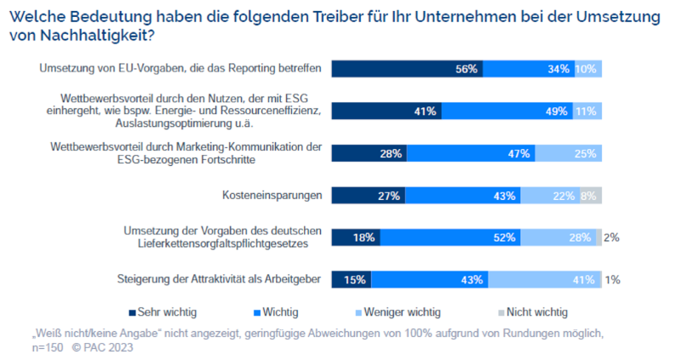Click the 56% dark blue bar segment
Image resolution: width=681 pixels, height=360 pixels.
click(408, 69)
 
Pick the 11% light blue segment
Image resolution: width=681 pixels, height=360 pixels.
click(587, 111)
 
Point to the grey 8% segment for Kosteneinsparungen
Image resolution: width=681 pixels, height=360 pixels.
click(591, 196)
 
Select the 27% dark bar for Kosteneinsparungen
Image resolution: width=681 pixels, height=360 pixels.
click(368, 196)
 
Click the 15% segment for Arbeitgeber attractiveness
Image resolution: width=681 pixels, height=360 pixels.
click(351, 279)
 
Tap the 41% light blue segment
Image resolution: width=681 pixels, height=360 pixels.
click(546, 279)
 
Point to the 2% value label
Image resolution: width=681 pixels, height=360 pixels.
click(611, 237)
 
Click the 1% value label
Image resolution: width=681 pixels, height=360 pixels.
click(611, 279)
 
